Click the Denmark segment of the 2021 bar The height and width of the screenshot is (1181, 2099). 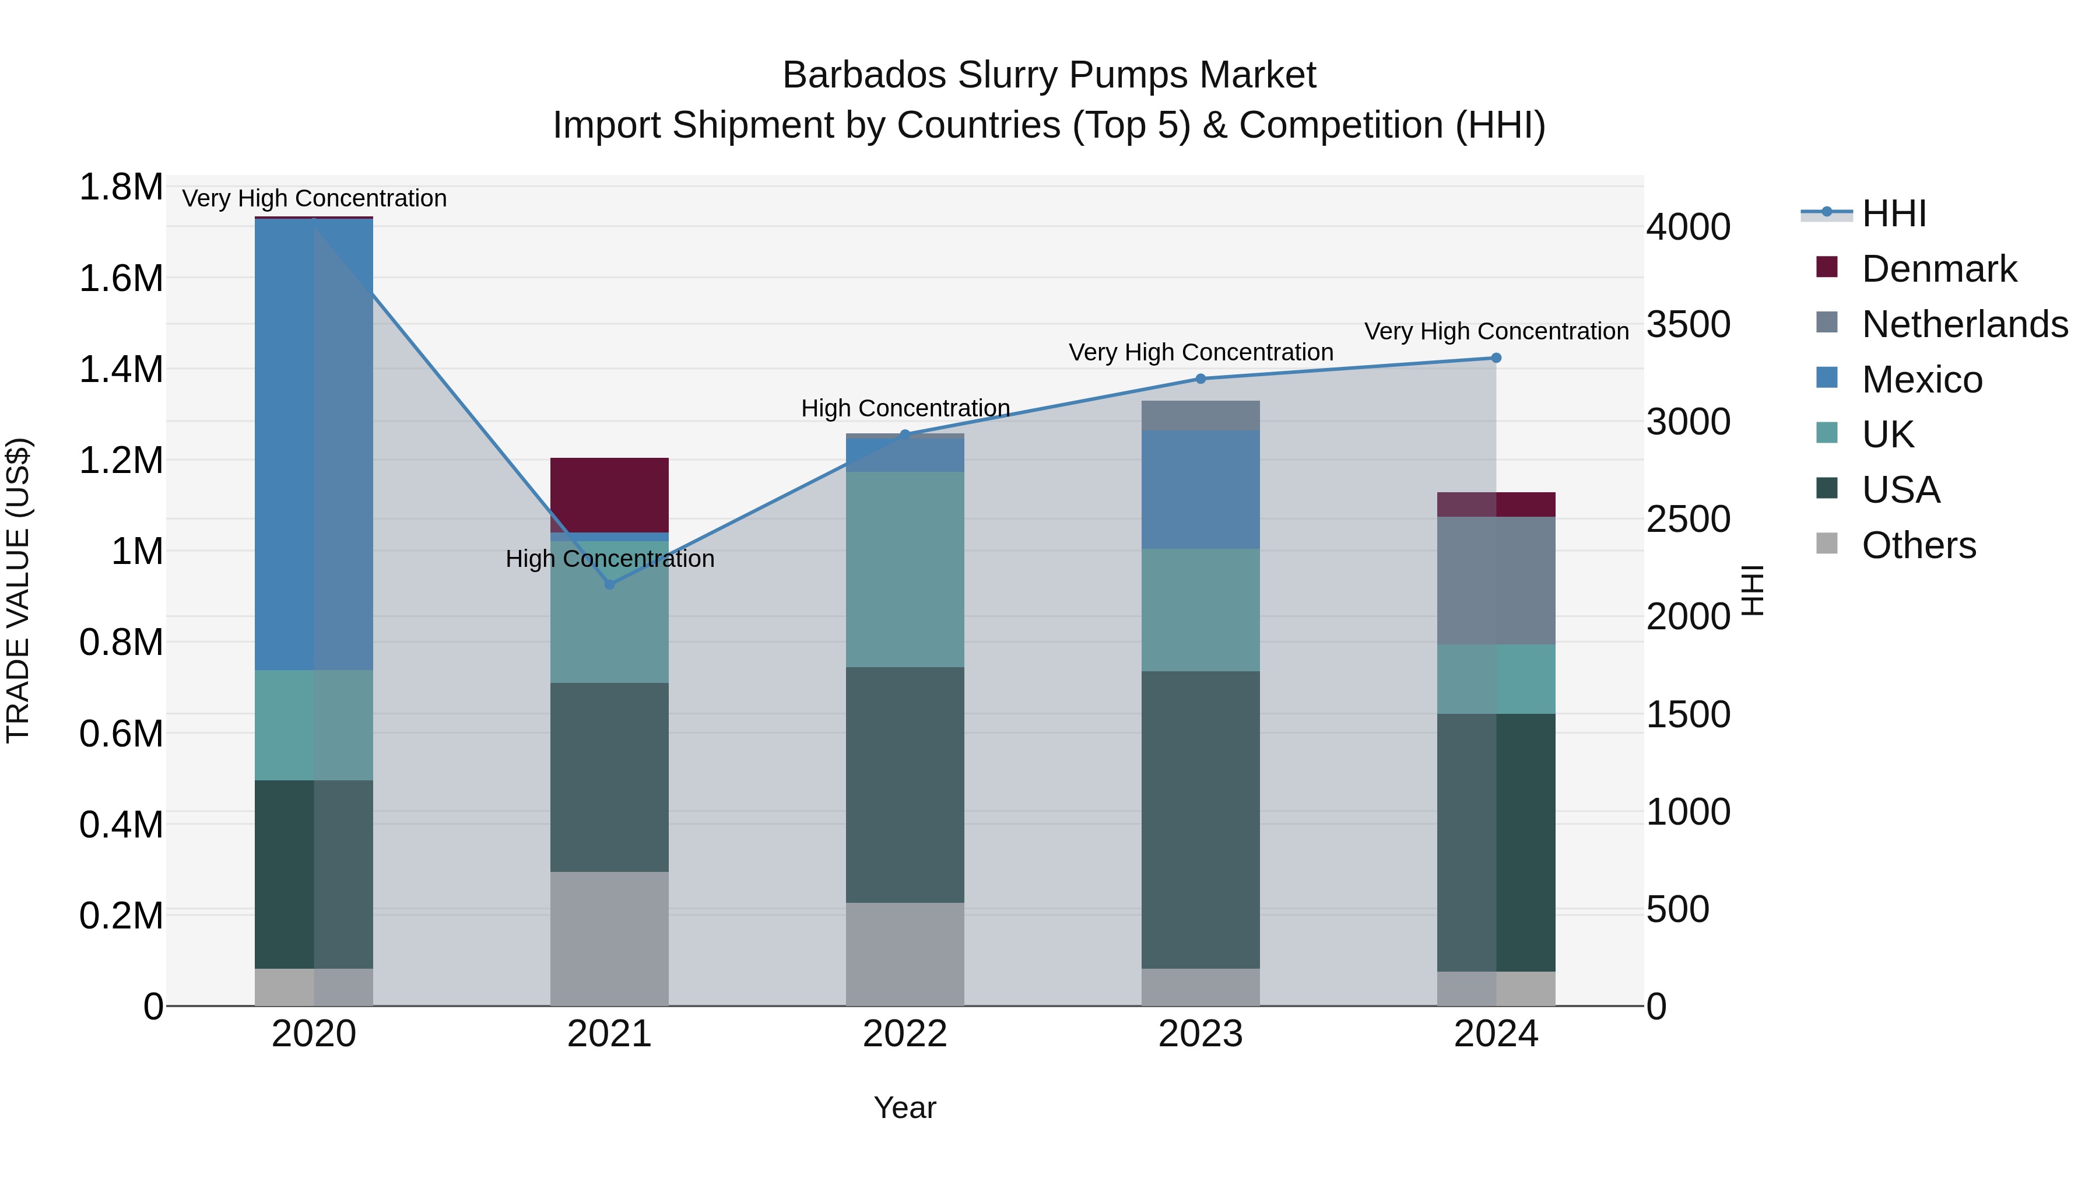609,494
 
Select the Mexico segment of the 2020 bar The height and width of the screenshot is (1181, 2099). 314,444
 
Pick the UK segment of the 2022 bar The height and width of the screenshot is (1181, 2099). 904,569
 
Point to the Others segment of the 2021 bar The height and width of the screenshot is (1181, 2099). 609,938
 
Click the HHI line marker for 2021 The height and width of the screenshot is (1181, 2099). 609,584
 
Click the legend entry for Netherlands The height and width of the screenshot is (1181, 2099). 1964,324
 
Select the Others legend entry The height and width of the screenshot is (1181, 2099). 1918,545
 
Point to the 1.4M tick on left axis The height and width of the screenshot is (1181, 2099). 121,370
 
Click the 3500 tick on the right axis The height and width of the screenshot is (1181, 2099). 1687,324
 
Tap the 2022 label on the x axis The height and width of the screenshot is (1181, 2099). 904,1034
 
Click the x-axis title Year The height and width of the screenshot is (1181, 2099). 904,1108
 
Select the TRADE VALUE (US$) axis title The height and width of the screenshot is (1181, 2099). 18,590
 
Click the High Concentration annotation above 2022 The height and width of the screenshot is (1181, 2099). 904,408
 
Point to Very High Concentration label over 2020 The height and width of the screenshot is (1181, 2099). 314,199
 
